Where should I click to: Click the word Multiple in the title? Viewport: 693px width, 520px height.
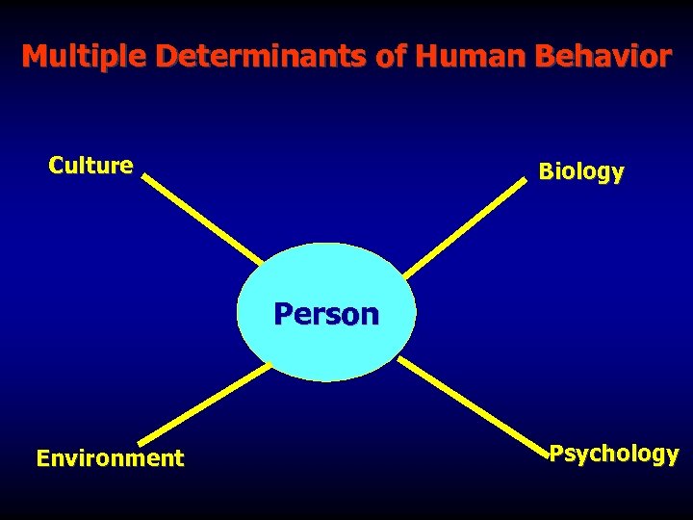click(85, 57)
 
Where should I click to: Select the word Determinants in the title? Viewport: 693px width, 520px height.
click(261, 57)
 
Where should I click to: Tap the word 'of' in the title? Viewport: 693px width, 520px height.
click(391, 57)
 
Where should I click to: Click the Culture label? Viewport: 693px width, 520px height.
click(90, 166)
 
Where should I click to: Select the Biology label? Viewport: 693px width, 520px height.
click(581, 172)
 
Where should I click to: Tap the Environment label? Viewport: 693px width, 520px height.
click(110, 458)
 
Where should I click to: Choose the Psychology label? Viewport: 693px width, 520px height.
click(614, 454)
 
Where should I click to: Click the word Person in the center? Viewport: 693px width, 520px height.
click(326, 314)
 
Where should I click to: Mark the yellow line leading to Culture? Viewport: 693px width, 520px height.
click(202, 219)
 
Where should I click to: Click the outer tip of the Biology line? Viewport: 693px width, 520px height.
click(526, 182)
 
